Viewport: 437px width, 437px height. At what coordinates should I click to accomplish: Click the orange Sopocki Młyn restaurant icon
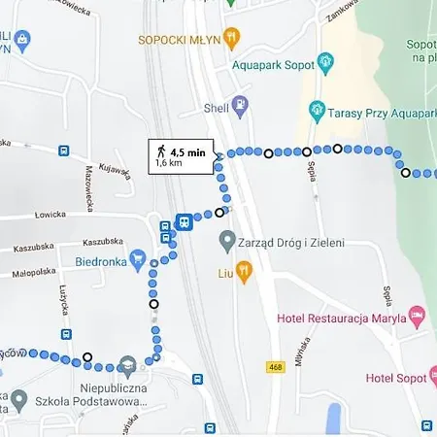click(x=231, y=38)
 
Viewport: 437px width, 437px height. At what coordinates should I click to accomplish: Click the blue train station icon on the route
click(x=184, y=221)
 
